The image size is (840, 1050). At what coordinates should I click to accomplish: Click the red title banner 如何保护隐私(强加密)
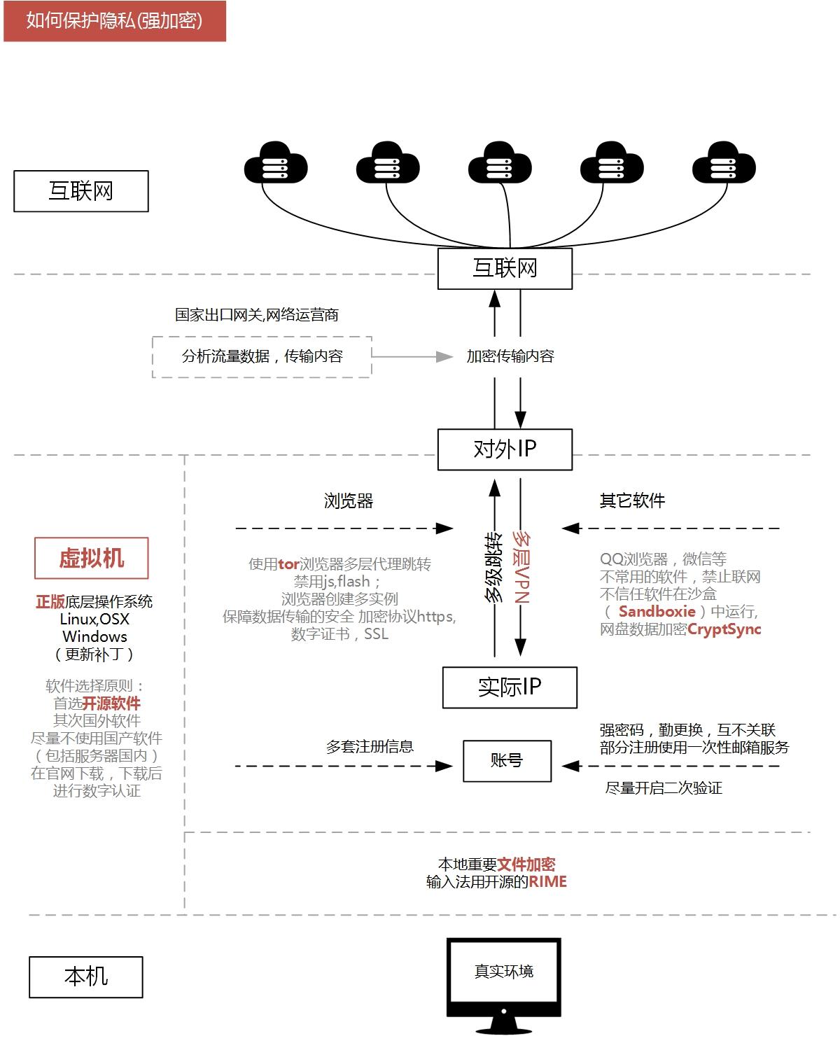click(115, 21)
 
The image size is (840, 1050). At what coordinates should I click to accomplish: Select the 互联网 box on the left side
click(81, 191)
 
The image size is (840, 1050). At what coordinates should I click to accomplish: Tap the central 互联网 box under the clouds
click(505, 268)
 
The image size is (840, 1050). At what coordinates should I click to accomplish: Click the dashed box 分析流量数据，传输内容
click(262, 357)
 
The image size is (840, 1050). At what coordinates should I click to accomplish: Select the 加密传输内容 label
click(510, 356)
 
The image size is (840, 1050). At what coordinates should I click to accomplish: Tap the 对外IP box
click(505, 449)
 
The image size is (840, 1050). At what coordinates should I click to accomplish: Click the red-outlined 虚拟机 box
click(92, 558)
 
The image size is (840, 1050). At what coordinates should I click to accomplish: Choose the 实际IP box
click(510, 687)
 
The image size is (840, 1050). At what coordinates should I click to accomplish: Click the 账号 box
click(507, 761)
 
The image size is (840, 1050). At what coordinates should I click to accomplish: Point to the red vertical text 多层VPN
click(521, 567)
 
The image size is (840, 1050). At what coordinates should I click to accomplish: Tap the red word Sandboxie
click(657, 612)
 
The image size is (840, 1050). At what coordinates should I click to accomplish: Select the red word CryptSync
click(724, 629)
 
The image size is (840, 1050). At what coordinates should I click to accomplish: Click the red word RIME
click(547, 882)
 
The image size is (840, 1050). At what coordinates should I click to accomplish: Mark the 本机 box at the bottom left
click(86, 976)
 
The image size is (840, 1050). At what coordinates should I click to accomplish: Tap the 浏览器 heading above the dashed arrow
click(349, 501)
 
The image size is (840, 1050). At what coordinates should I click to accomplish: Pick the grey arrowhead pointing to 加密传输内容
click(445, 357)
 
